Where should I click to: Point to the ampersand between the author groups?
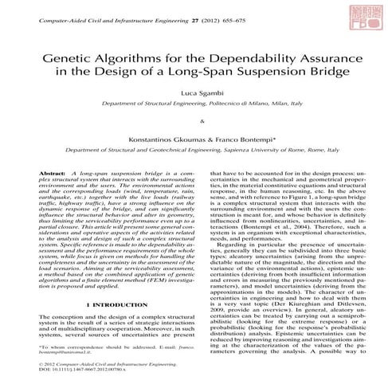194,122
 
